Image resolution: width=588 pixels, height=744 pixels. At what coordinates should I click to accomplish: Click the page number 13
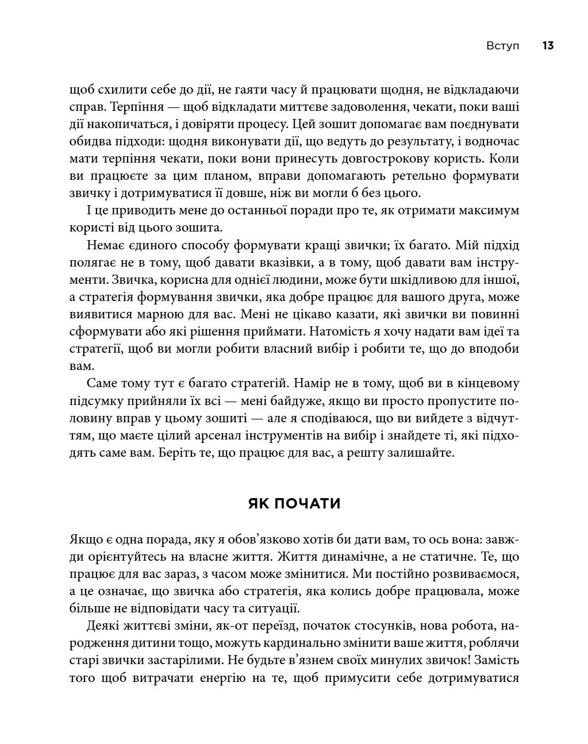[x=547, y=46]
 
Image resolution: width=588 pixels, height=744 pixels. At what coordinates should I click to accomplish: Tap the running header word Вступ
[x=502, y=46]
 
